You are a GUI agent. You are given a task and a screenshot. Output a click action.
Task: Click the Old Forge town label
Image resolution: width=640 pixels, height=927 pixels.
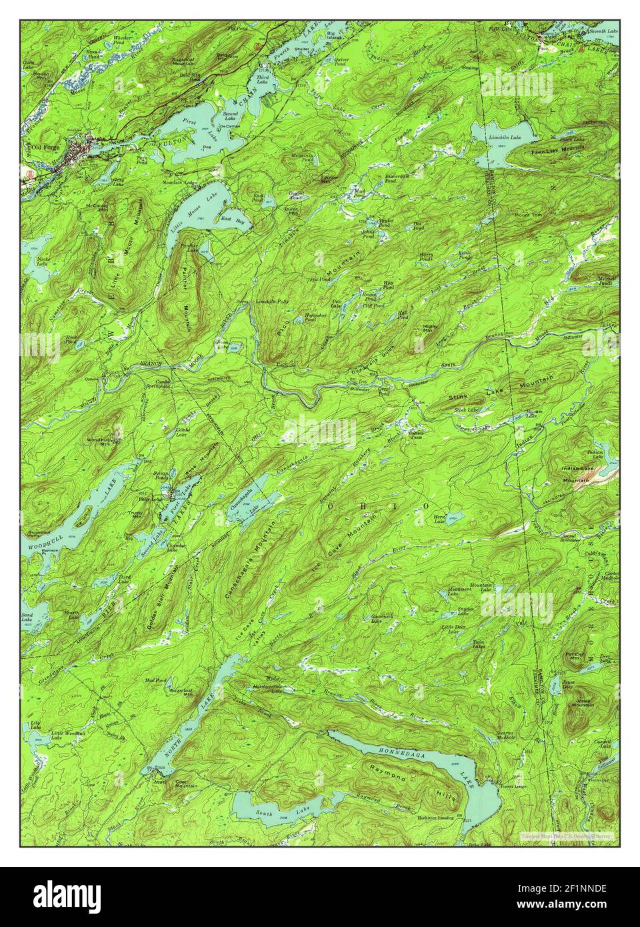coord(38,146)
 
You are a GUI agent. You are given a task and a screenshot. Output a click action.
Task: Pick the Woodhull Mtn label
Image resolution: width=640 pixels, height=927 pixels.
coord(97,443)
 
